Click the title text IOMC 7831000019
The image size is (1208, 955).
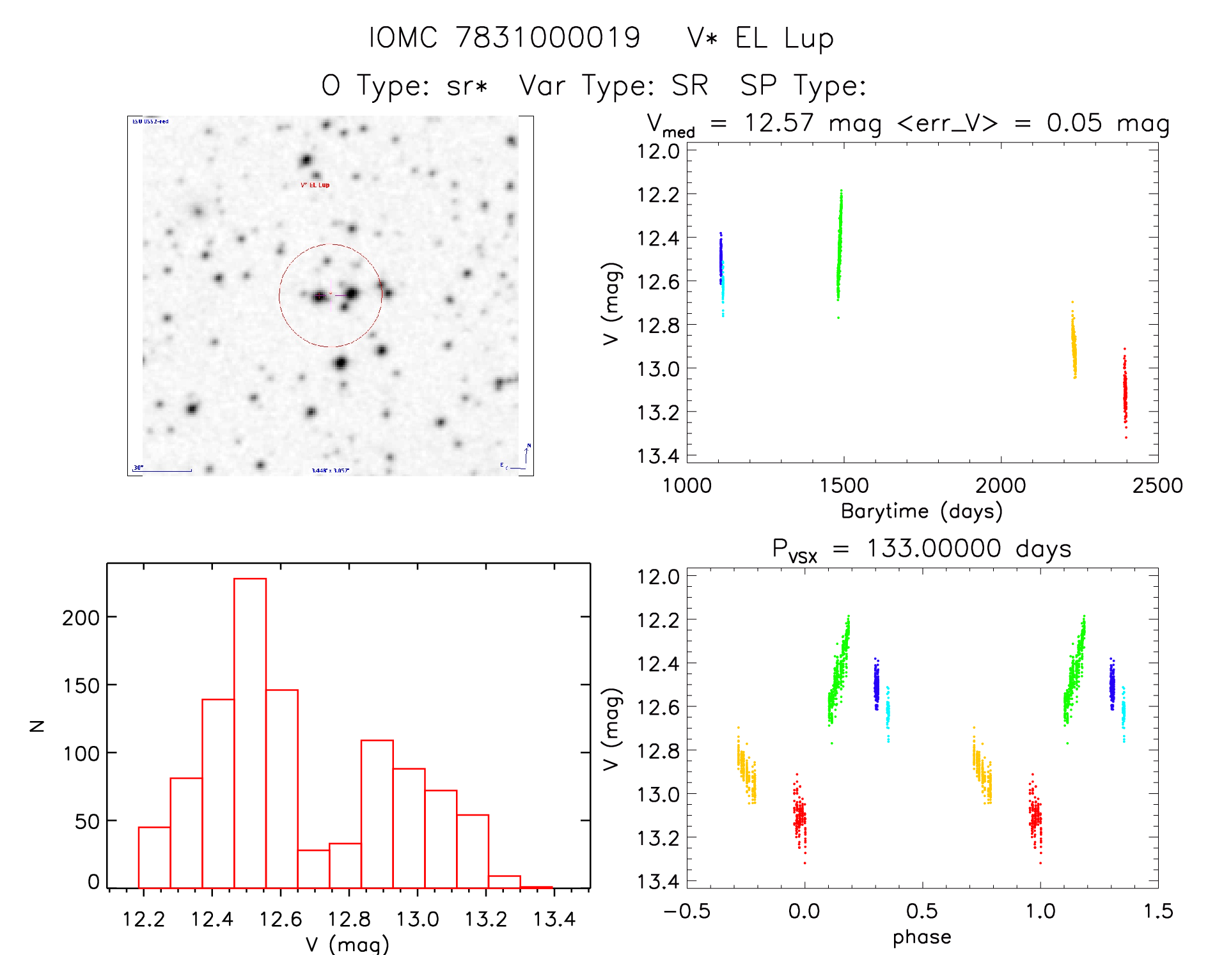click(x=504, y=38)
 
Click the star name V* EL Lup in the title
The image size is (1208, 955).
click(x=760, y=38)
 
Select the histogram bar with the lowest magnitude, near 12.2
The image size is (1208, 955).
click(x=154, y=857)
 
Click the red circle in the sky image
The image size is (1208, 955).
click(x=279, y=295)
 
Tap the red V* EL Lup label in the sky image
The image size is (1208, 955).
click(x=315, y=185)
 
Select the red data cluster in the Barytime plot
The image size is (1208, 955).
click(x=1125, y=393)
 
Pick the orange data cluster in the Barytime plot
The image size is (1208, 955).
click(x=1074, y=345)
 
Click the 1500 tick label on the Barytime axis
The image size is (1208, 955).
click(x=843, y=486)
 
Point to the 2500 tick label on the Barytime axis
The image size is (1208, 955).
click(x=1157, y=486)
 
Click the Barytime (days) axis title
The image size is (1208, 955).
click(x=922, y=511)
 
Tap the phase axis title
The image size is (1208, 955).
click(x=922, y=937)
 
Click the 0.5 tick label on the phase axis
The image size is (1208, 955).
click(x=922, y=911)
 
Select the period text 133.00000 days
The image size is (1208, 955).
click(x=968, y=548)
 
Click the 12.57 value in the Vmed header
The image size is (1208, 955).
click(x=778, y=123)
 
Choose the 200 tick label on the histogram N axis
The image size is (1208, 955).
click(x=81, y=617)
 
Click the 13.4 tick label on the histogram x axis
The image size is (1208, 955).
click(x=554, y=919)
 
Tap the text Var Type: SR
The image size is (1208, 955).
click(x=613, y=85)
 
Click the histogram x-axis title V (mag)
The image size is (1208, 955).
click(x=347, y=944)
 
